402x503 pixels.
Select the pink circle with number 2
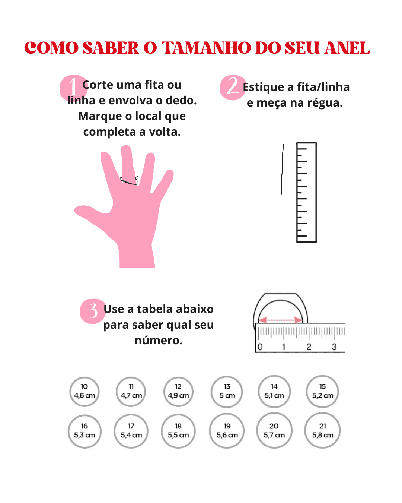(x=233, y=88)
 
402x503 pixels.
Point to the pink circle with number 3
(x=93, y=311)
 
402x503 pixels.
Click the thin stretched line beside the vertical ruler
(x=282, y=170)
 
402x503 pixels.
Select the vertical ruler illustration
(x=306, y=192)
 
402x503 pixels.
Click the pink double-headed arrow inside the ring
(x=280, y=320)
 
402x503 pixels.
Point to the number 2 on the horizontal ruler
(x=309, y=347)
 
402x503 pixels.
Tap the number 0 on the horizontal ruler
(x=260, y=347)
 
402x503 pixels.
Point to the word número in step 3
(x=159, y=340)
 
